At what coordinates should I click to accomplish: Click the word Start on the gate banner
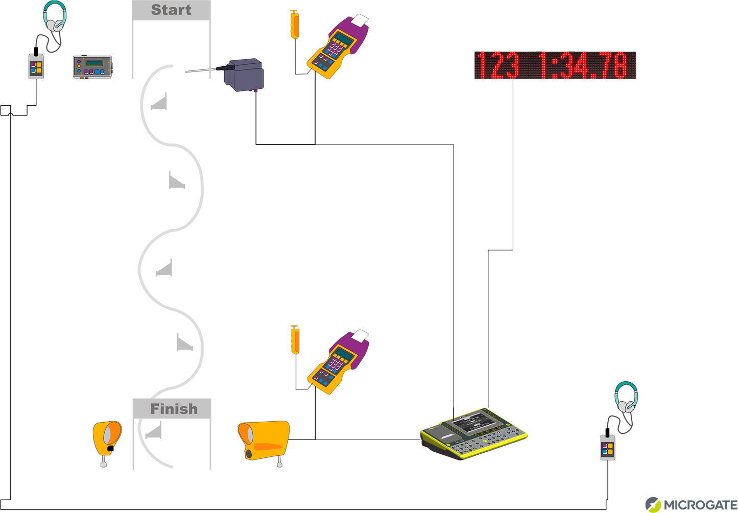[x=171, y=10]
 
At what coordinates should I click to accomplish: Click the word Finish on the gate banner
[x=174, y=409]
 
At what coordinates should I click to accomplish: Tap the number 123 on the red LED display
[x=497, y=66]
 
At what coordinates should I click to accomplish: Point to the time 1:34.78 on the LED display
[x=582, y=66]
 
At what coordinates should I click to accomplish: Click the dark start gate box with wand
[x=244, y=75]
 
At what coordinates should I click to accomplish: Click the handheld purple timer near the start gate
[x=338, y=46]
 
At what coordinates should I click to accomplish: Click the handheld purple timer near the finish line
[x=338, y=362]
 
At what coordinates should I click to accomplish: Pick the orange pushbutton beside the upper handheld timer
[x=295, y=25]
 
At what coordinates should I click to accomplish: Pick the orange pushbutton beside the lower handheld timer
[x=295, y=340]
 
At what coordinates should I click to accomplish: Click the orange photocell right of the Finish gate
[x=264, y=441]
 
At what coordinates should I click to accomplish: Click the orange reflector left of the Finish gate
[x=107, y=438]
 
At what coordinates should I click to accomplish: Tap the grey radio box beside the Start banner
[x=92, y=67]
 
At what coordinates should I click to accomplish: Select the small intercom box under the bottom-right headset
[x=607, y=448]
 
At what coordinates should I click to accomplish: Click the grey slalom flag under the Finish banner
[x=154, y=432]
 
